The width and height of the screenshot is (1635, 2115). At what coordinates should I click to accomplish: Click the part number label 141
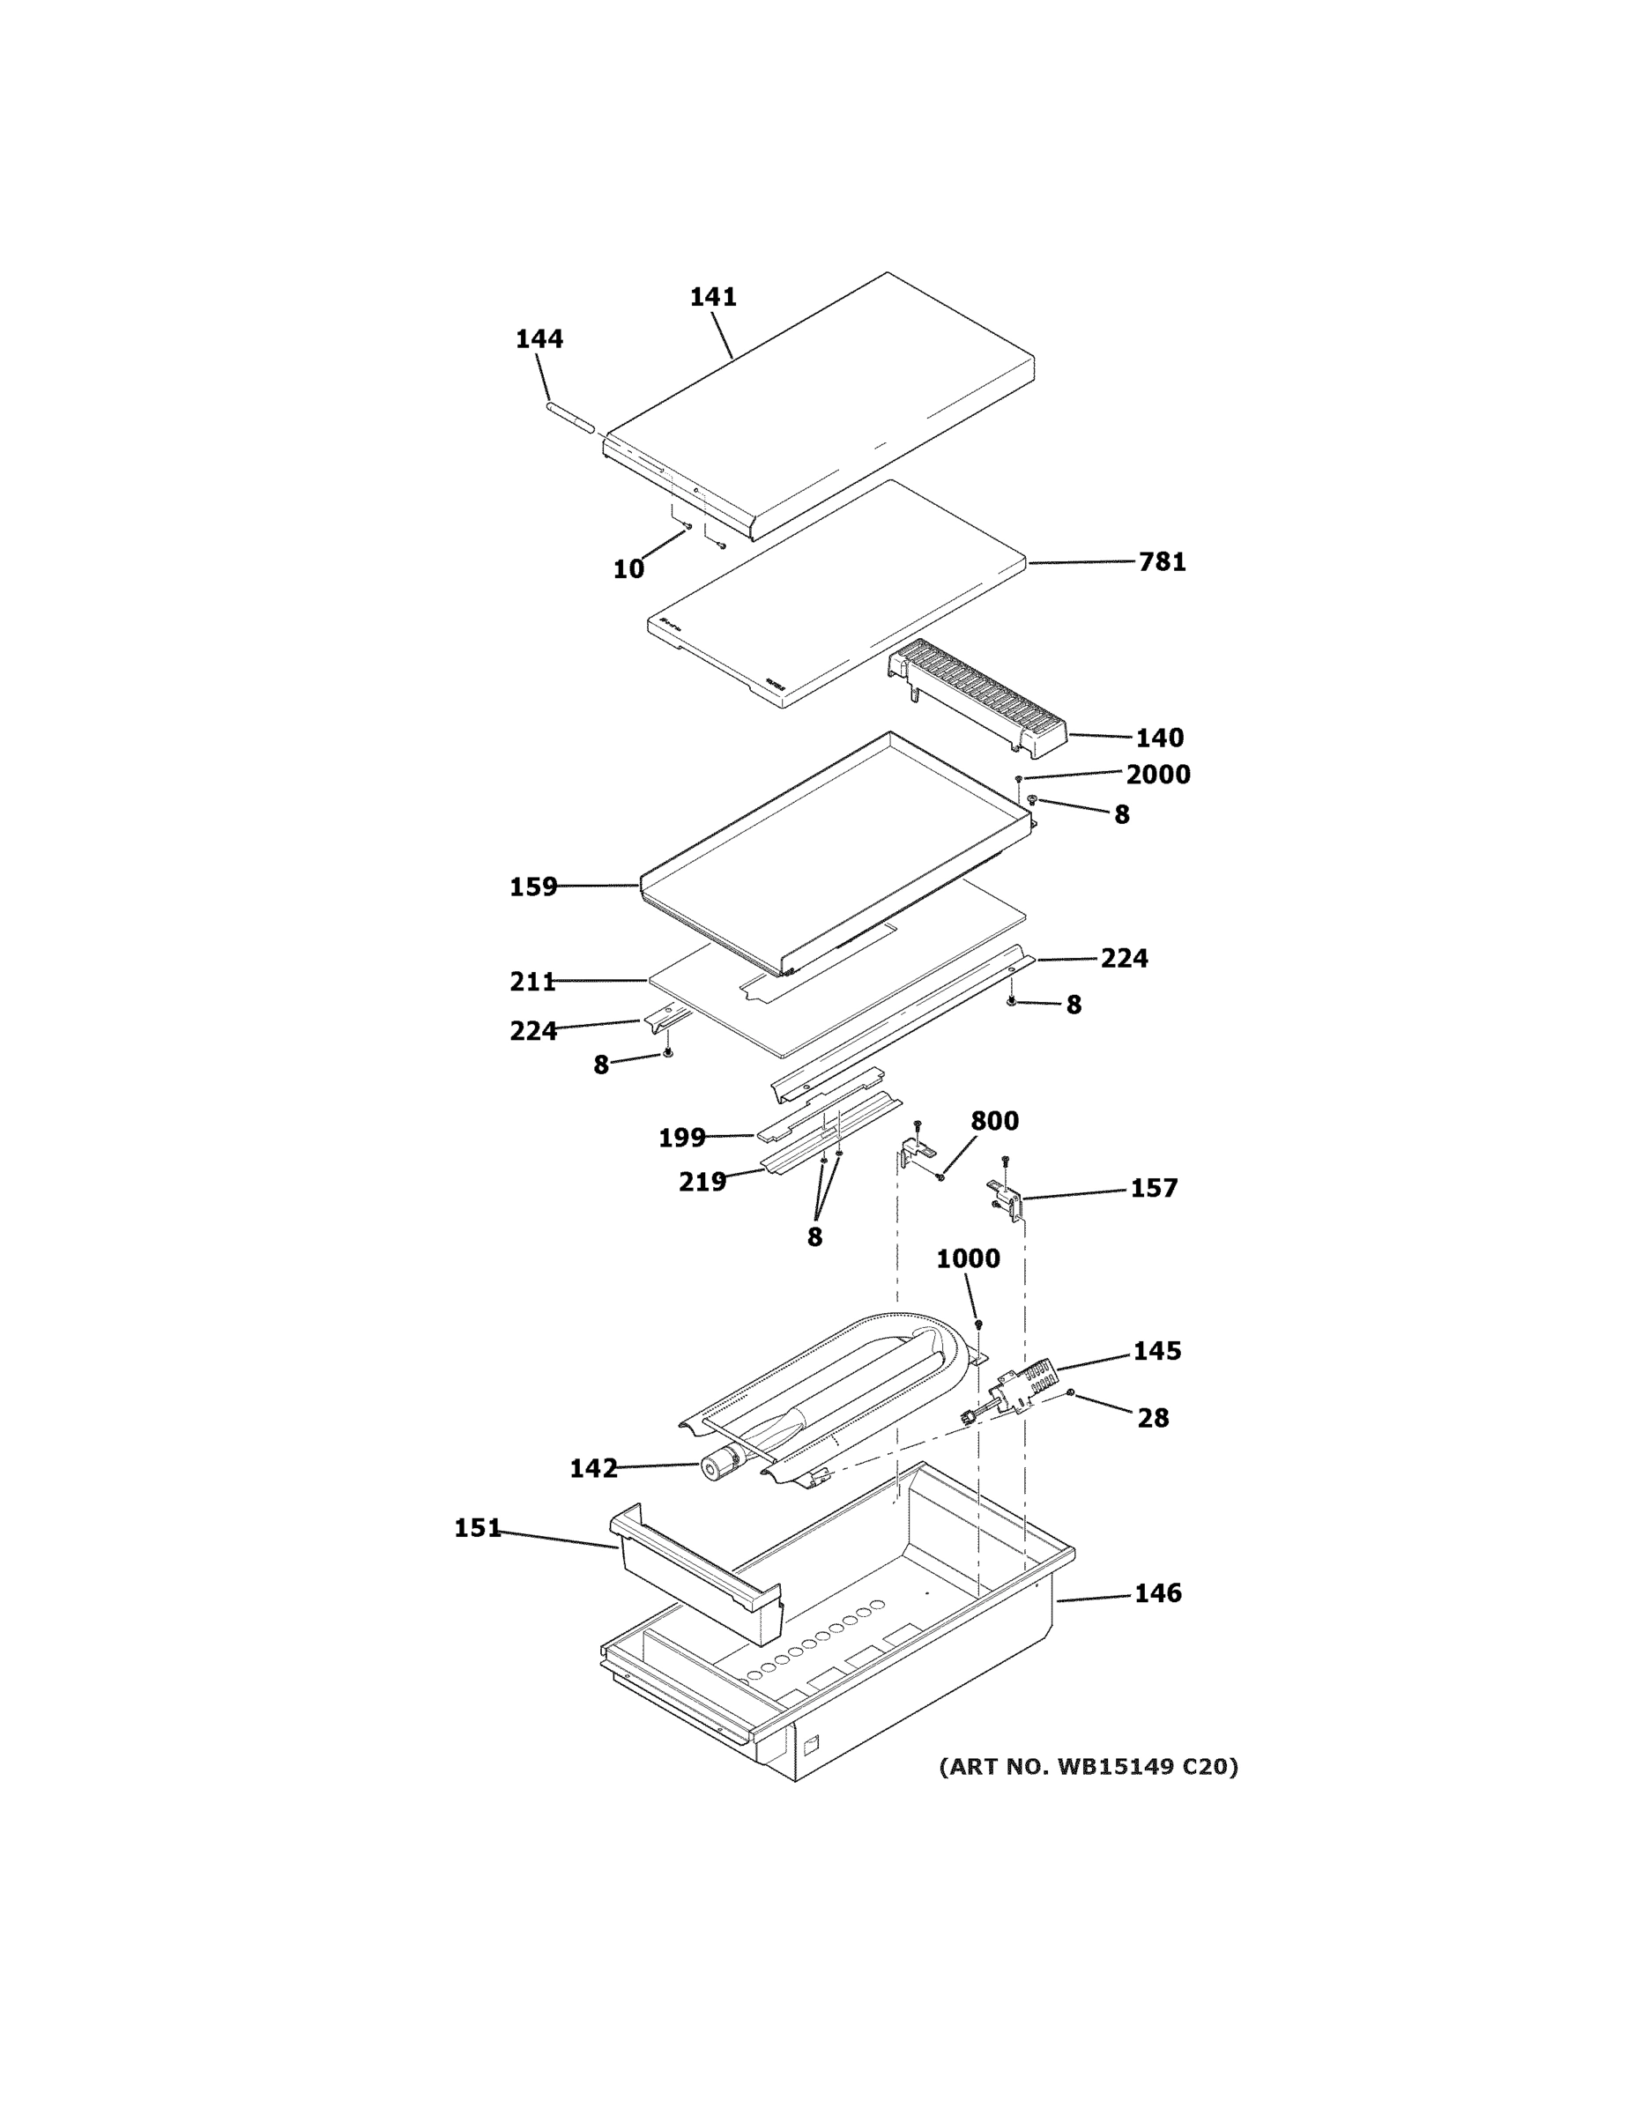(x=713, y=296)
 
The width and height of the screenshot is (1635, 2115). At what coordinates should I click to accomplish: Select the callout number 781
(x=1162, y=561)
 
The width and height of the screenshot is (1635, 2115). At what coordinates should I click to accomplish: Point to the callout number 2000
(x=1157, y=774)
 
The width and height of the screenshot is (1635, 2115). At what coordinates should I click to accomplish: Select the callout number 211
(x=532, y=981)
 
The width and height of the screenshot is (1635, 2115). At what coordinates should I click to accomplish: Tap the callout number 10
(x=628, y=569)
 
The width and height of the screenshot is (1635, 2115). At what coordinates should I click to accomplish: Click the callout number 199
(x=681, y=1138)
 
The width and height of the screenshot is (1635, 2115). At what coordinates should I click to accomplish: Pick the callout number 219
(x=702, y=1182)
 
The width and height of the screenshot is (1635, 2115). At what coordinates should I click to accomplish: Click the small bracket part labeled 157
(x=1006, y=1198)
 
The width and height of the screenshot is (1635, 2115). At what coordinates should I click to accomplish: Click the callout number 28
(x=1153, y=1418)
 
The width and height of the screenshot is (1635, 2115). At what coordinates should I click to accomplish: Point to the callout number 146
(x=1157, y=1593)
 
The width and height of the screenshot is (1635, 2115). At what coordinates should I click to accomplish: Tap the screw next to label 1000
(x=978, y=1324)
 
